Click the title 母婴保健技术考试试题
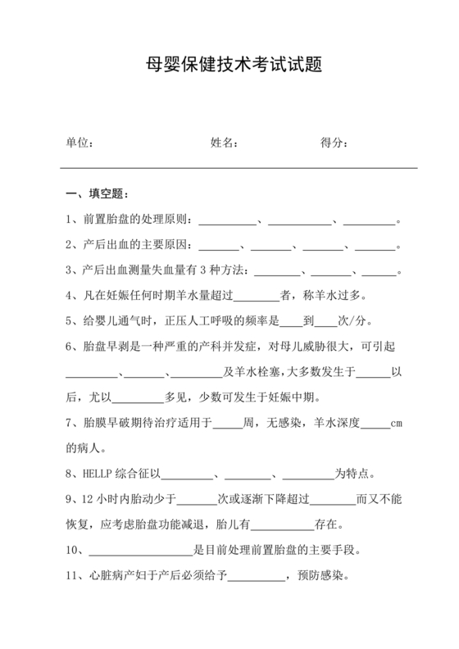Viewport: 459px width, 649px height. (x=229, y=65)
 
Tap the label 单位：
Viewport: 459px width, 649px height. (x=80, y=143)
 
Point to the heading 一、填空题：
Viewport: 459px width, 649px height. (x=95, y=194)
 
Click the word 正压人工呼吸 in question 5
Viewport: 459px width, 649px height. (x=210, y=320)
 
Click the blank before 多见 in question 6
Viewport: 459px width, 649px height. (x=137, y=398)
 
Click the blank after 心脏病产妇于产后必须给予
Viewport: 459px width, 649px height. (x=255, y=577)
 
